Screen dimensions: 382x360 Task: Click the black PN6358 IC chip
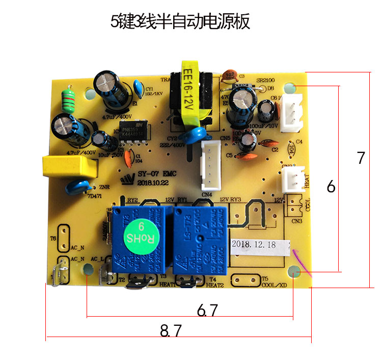click(x=134, y=130)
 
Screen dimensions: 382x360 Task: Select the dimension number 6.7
click(x=207, y=310)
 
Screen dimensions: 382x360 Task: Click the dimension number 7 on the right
click(x=361, y=158)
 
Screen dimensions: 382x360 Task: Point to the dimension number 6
click(x=331, y=187)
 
